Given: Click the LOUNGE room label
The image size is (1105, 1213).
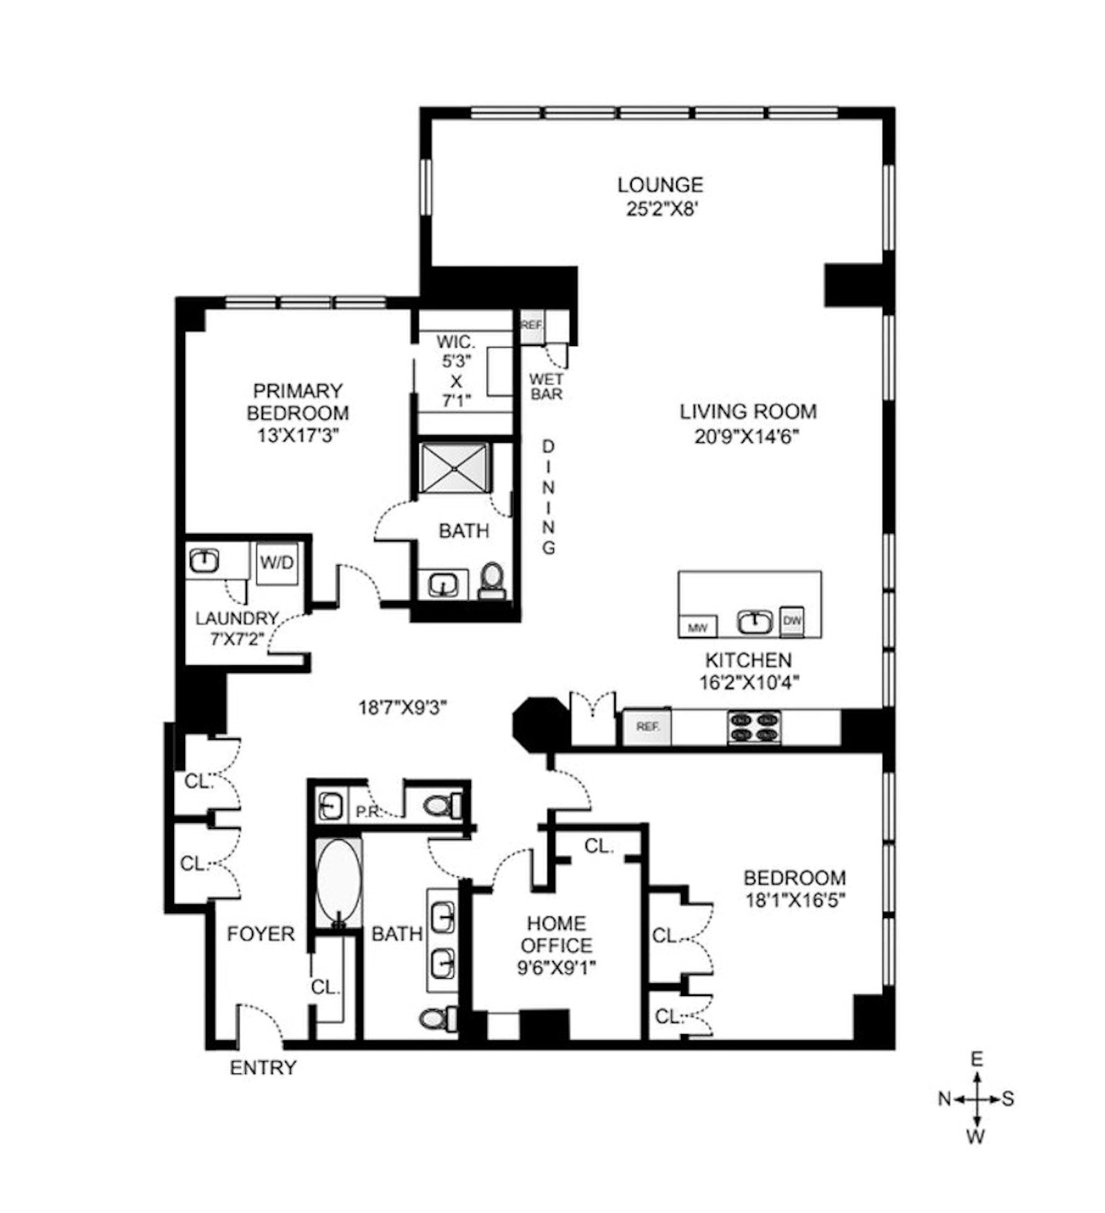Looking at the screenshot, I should [660, 185].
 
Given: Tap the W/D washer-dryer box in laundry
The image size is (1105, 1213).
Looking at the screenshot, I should [276, 562].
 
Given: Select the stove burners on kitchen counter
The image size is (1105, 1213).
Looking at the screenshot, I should [753, 727].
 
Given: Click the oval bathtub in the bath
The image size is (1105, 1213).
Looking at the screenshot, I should [338, 881].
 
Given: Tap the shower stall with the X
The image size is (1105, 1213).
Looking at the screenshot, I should [455, 468].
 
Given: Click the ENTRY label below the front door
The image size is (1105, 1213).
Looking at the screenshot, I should [262, 1067].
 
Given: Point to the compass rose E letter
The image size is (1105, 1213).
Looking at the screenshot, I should [977, 1059].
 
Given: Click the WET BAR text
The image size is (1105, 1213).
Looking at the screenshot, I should [546, 387].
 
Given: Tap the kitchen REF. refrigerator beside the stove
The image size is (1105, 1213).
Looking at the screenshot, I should [647, 727].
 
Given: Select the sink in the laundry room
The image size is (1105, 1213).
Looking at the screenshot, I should [204, 560].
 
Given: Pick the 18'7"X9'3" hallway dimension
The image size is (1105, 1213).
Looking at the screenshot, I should [403, 707].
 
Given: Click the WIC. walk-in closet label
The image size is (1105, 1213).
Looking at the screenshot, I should [456, 342].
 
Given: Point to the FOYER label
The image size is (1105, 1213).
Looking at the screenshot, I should [260, 934].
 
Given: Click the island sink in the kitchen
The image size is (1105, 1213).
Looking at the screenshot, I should [754, 622].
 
